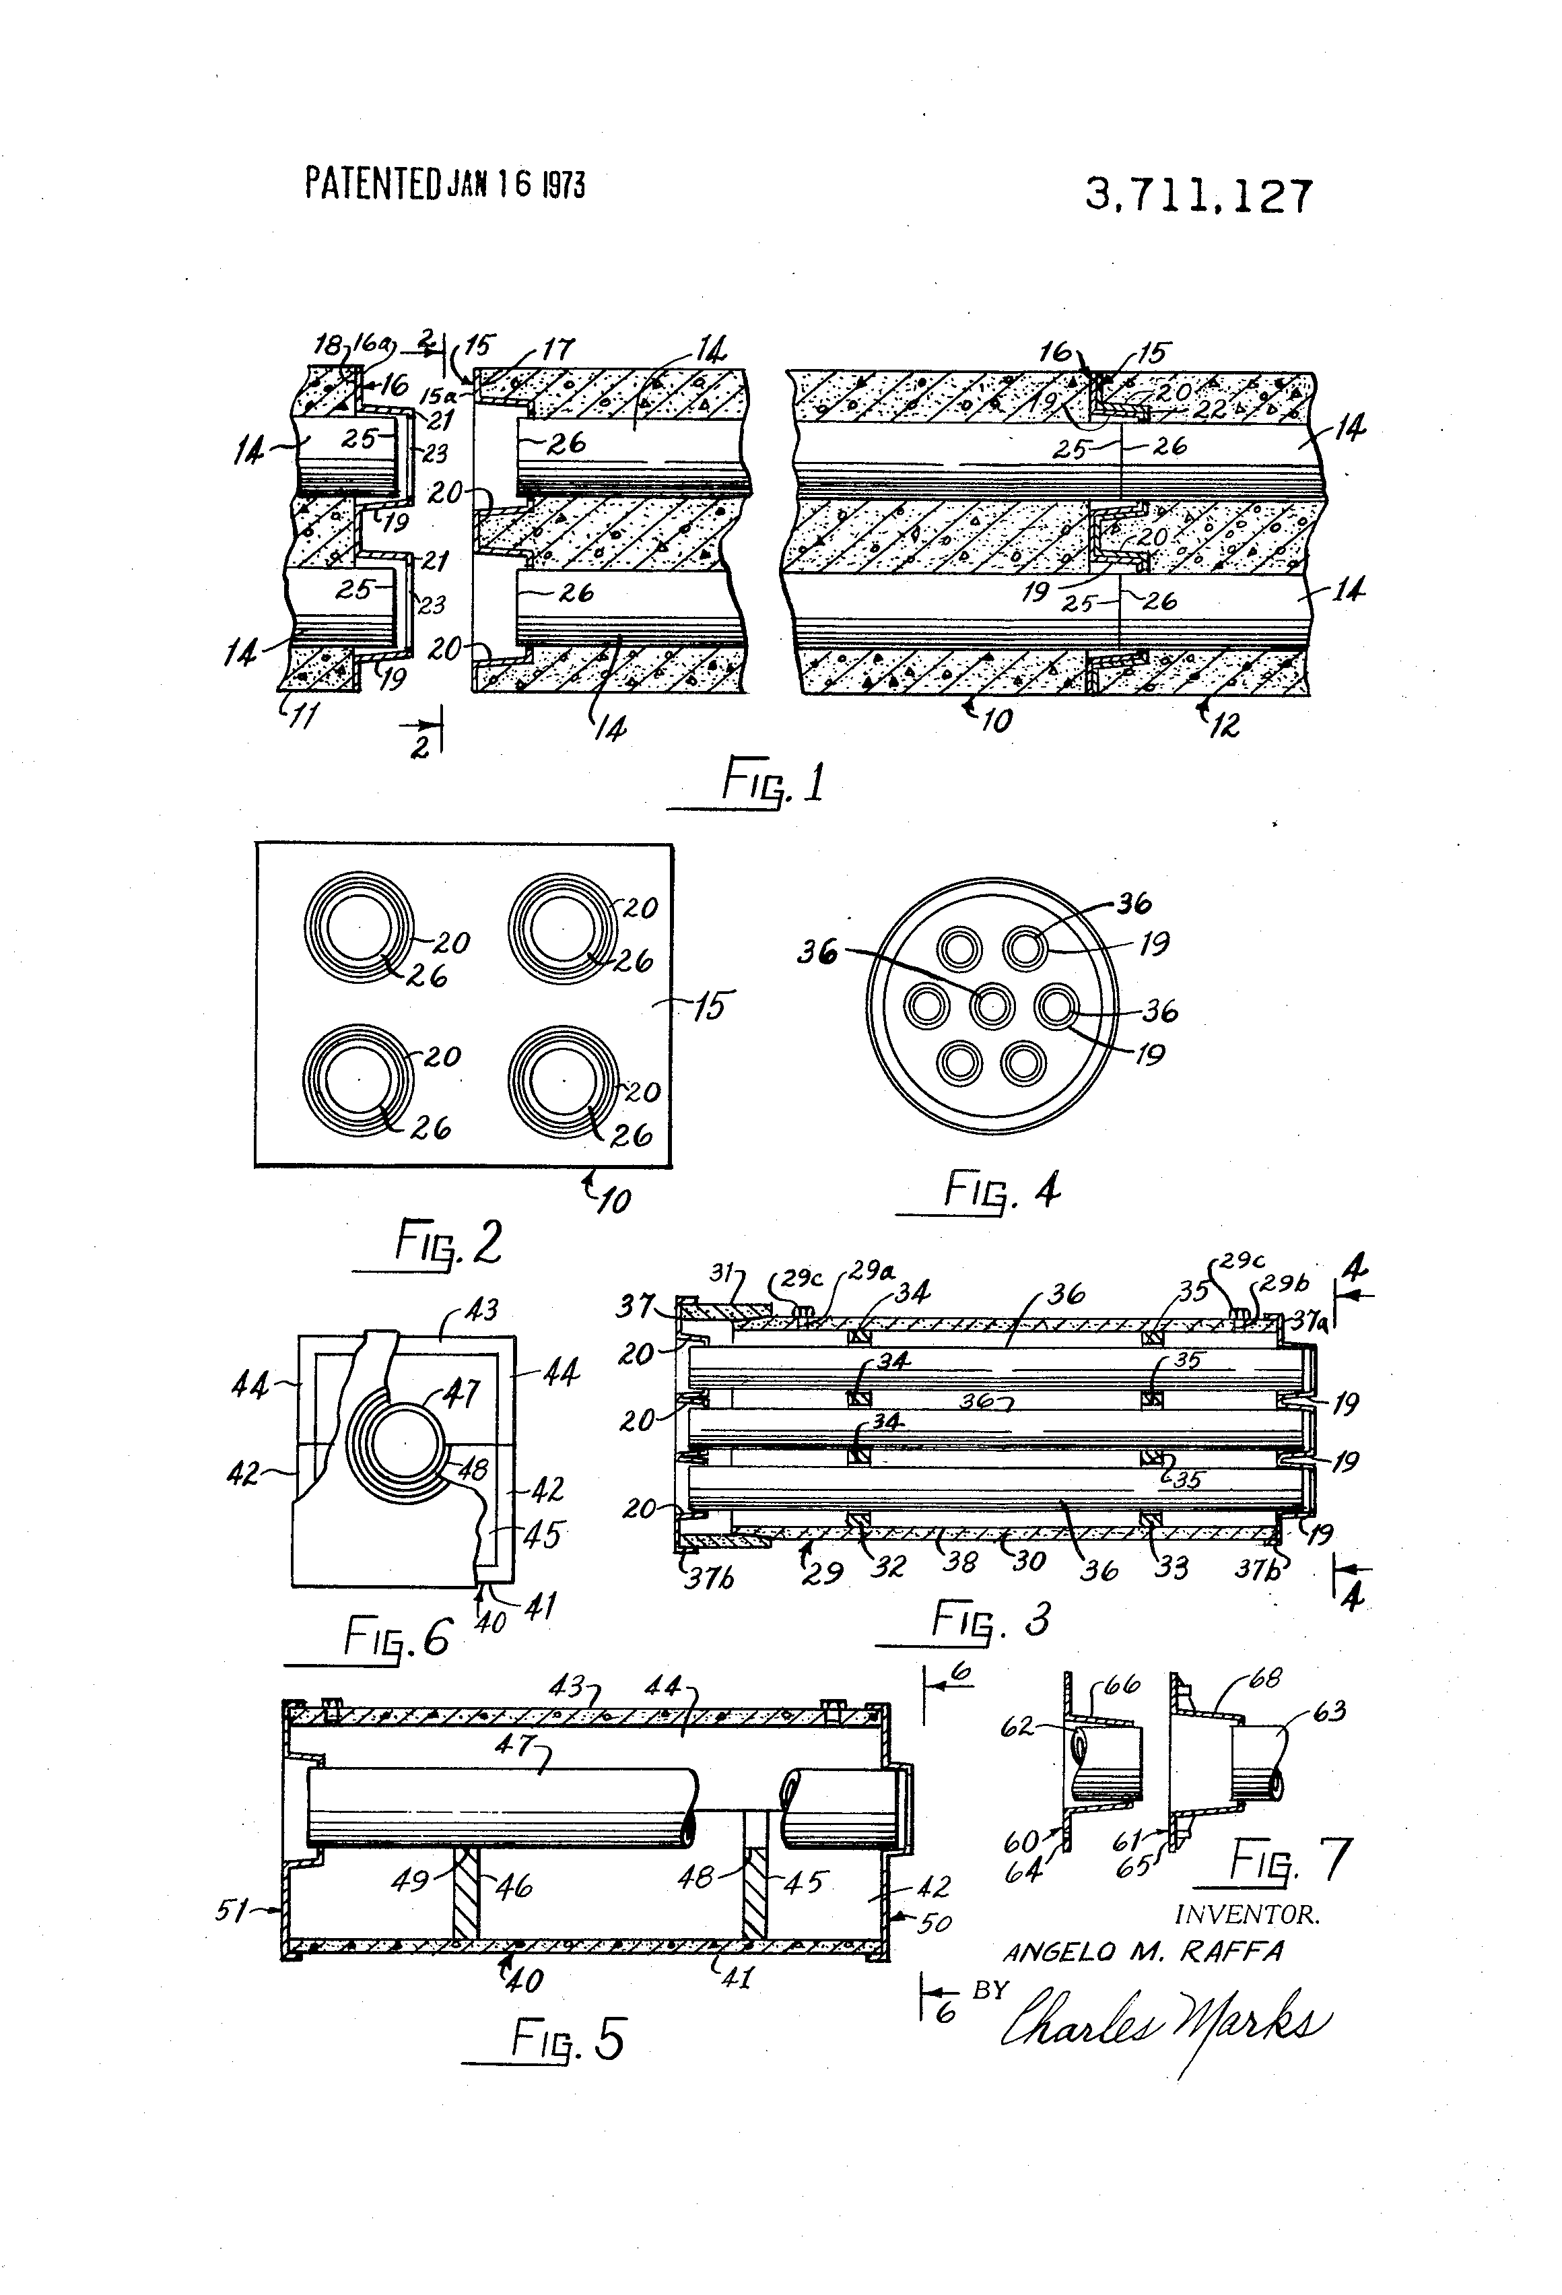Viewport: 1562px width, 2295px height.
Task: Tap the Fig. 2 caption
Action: pos(448,1243)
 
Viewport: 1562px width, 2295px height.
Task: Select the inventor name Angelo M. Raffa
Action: pos(1143,1952)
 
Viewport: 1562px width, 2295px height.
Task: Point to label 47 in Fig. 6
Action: pos(462,1393)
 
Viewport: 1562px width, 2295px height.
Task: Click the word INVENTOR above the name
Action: pos(1247,1915)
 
